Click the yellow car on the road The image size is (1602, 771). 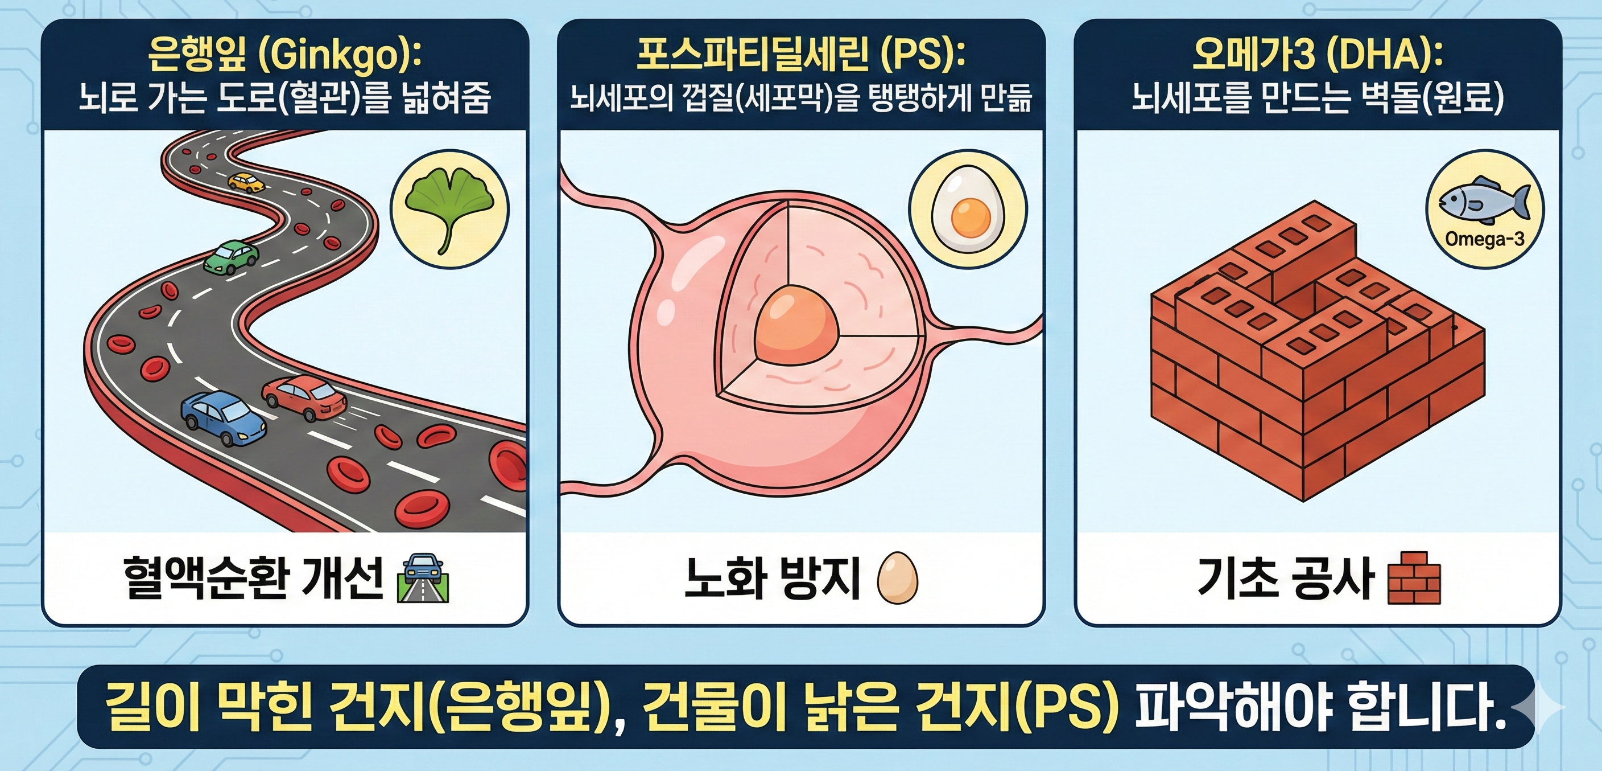click(246, 182)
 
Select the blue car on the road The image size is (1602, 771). click(222, 417)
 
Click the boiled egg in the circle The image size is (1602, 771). click(968, 209)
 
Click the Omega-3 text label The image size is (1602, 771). click(1484, 239)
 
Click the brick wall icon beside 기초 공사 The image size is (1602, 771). click(1414, 577)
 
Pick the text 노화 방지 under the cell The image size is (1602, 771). click(772, 577)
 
